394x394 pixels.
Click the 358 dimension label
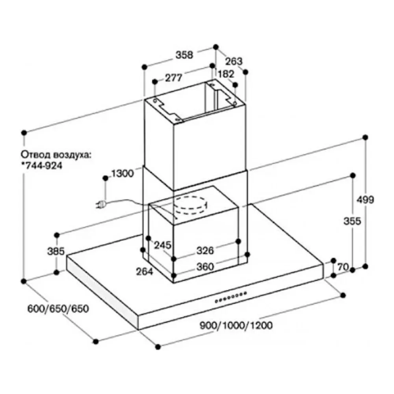[184, 55]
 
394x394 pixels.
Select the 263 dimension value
[234, 61]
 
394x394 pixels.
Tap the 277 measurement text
[173, 78]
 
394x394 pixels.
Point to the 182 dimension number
[226, 74]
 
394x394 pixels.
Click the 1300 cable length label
[123, 173]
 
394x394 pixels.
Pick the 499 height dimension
[366, 200]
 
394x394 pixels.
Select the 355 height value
[352, 221]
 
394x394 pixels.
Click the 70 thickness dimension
[343, 268]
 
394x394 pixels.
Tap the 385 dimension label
[56, 251]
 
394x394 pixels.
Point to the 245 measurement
[163, 245]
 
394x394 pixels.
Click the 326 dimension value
[205, 251]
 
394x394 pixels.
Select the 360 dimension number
[205, 267]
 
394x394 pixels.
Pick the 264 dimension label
[145, 271]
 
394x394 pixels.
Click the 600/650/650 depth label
[58, 309]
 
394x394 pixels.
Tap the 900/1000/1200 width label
[236, 326]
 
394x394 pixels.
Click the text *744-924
[42, 165]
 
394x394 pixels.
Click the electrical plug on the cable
[101, 204]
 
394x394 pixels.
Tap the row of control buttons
[231, 297]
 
